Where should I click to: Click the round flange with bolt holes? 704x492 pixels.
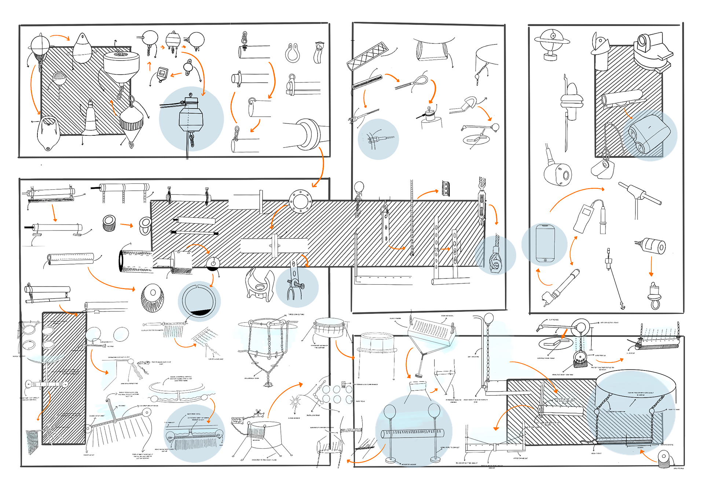[300, 201]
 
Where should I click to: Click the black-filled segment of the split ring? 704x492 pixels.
[199, 313]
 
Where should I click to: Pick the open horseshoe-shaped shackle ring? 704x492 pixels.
[293, 54]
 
